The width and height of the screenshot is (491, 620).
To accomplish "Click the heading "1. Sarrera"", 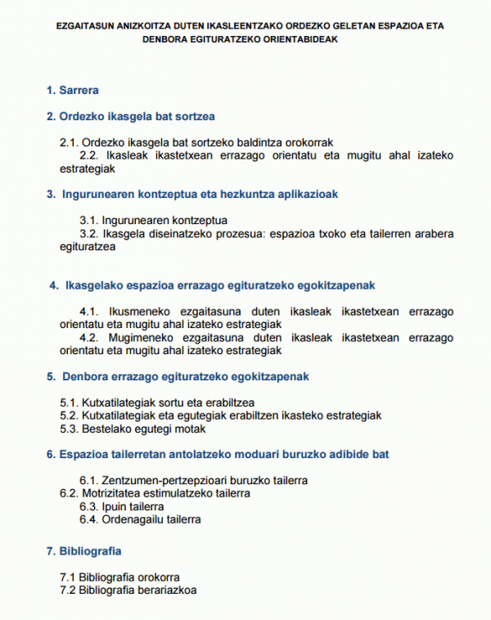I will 73,90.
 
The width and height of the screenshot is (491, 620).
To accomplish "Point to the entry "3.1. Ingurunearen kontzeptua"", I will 153,221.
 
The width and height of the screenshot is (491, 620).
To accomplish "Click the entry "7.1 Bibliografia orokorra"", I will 120,577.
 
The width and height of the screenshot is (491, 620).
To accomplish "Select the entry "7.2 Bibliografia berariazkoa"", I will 128,589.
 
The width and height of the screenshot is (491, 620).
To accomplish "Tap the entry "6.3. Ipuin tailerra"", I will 122,506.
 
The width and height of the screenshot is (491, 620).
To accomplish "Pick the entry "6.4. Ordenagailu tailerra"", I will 140,519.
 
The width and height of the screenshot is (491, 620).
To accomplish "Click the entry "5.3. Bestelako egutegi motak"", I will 133,428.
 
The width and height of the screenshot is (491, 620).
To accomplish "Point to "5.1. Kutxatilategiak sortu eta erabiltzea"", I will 157,403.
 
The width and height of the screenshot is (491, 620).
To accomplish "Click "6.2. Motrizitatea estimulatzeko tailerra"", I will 155,493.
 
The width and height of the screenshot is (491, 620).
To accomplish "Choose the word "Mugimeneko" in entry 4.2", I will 137,338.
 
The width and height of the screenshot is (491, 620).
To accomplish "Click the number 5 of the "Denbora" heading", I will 52,376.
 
